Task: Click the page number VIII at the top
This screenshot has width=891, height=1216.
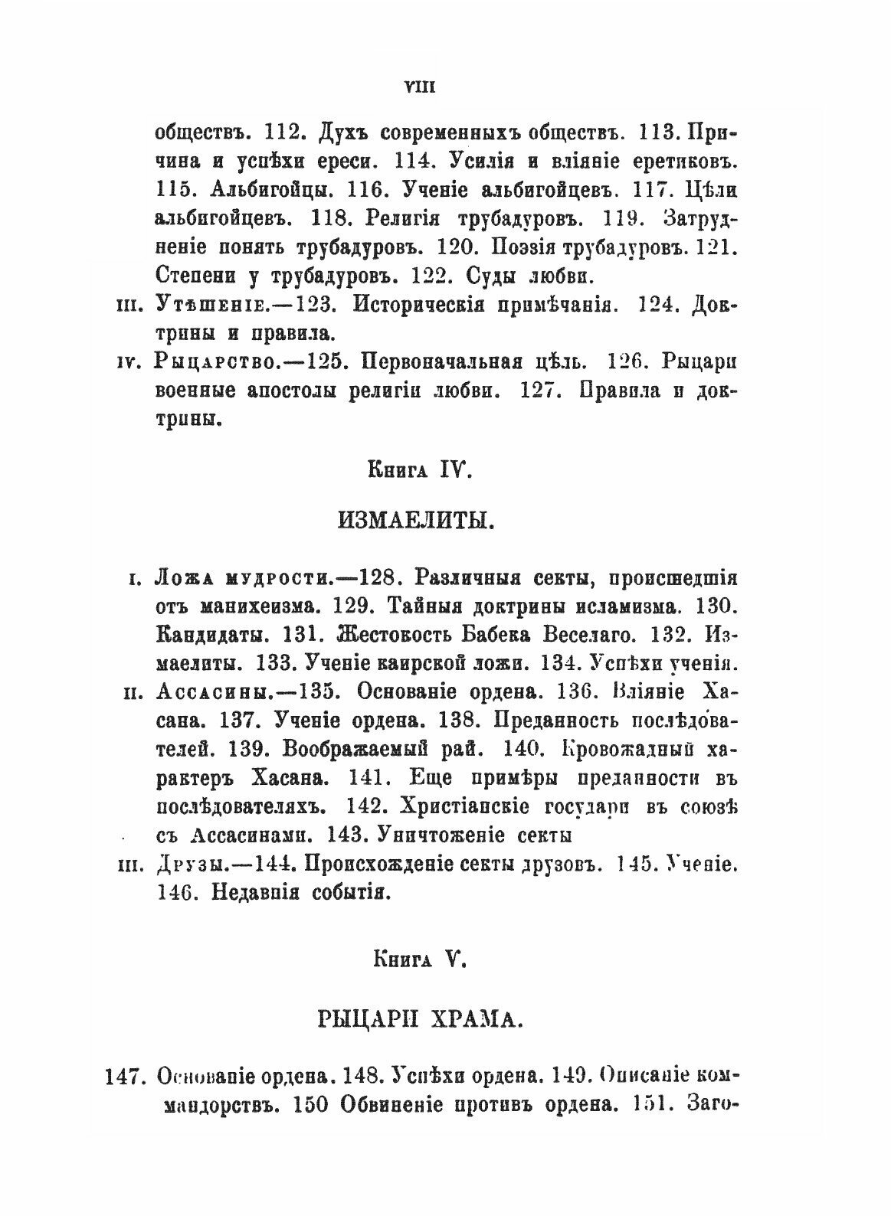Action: click(419, 87)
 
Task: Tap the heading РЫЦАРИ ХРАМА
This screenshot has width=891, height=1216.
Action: click(418, 1018)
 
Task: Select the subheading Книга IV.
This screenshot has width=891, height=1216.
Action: click(418, 473)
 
